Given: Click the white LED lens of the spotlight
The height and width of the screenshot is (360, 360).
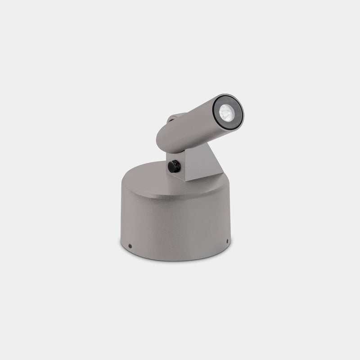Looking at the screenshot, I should [226, 112].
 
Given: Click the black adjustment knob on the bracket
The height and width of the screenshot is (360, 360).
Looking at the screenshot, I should [173, 166].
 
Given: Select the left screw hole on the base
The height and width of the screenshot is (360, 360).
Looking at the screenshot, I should [130, 246].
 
